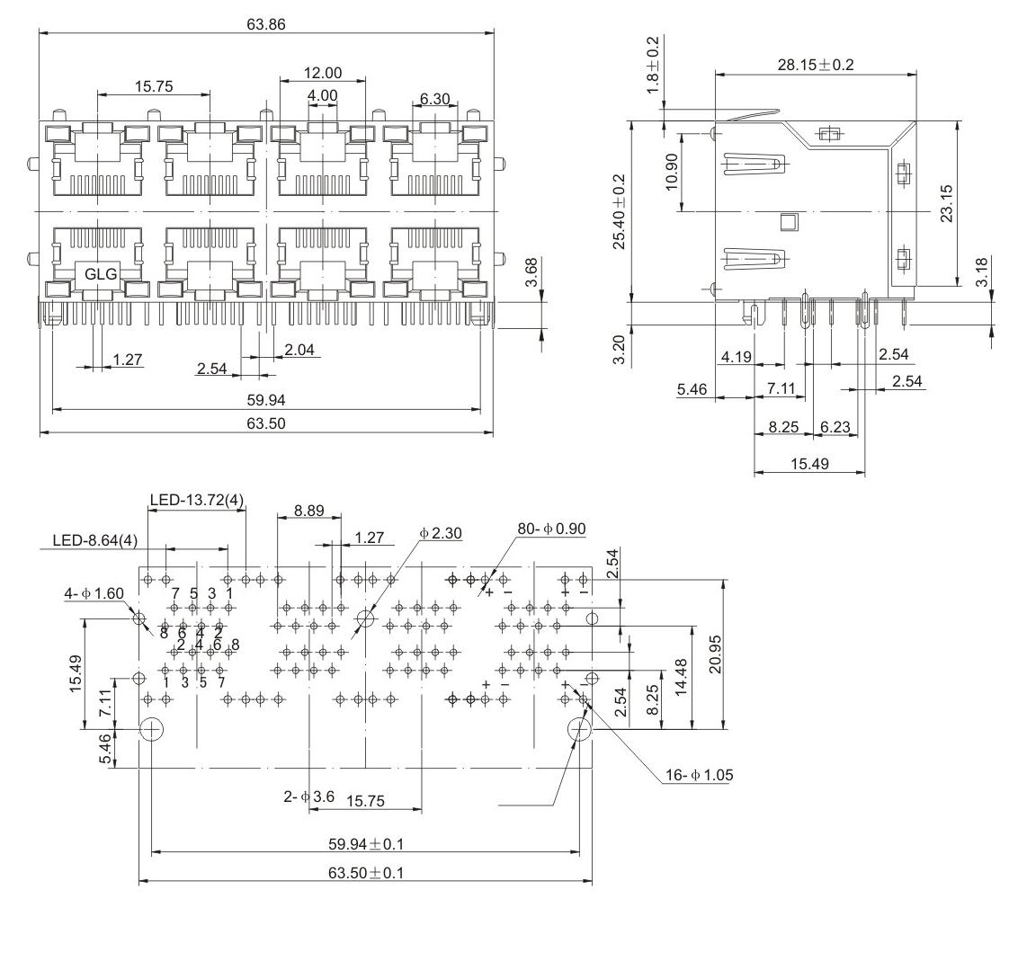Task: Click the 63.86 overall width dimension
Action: click(265, 24)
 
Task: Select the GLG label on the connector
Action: click(101, 274)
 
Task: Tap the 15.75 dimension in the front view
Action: click(154, 86)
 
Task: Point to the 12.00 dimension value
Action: click(323, 73)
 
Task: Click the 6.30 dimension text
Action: click(434, 99)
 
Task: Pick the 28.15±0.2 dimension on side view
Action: click(816, 65)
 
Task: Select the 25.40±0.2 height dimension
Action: click(620, 211)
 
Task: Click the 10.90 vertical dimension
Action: click(671, 172)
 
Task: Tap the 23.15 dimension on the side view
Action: click(947, 204)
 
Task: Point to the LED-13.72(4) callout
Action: click(197, 500)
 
